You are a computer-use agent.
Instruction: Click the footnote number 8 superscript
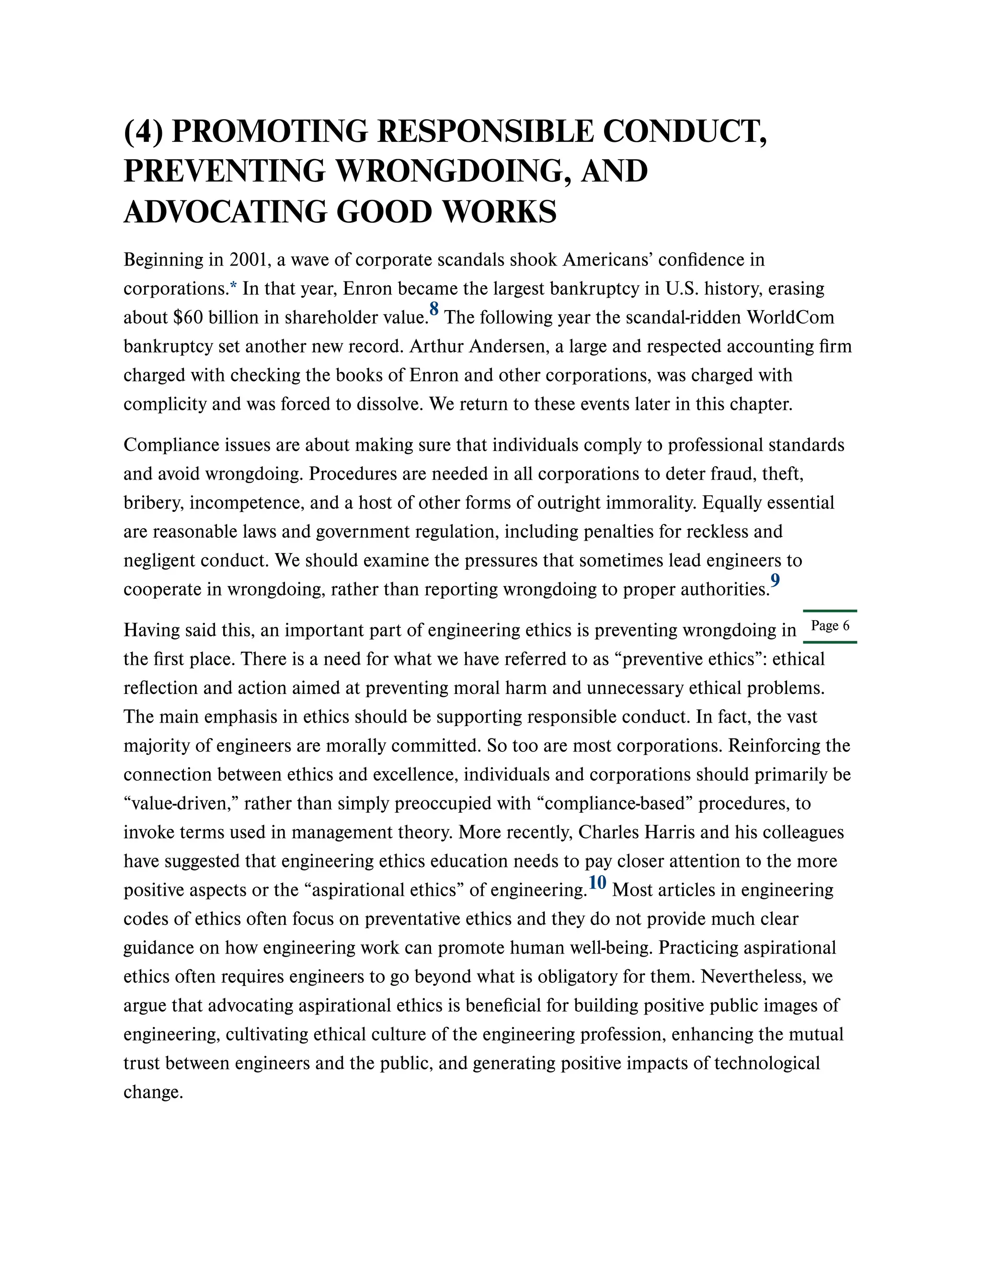tap(434, 309)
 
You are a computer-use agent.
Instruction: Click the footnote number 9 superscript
tap(776, 580)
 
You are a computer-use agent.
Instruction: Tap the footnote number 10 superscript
tap(597, 882)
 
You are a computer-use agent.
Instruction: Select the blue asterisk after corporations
tap(234, 287)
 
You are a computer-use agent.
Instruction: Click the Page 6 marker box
tap(830, 626)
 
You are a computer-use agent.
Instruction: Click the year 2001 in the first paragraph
tap(248, 259)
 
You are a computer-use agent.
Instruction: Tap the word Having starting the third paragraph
tap(151, 630)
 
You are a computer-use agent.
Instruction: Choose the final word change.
tap(153, 1093)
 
